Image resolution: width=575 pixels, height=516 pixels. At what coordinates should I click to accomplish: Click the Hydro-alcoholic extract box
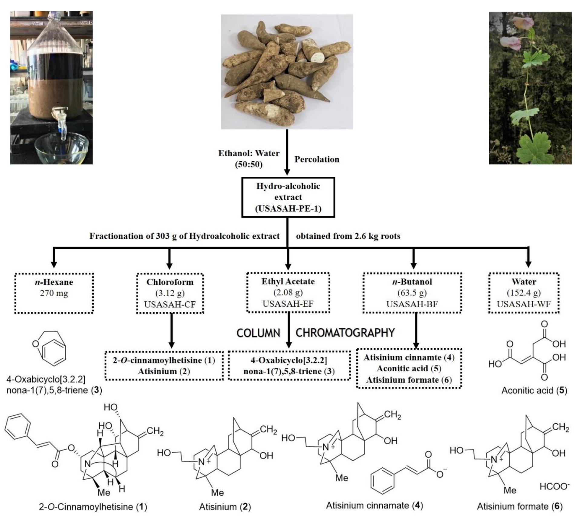(x=288, y=197)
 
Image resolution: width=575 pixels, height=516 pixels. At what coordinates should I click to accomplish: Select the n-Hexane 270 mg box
(x=54, y=293)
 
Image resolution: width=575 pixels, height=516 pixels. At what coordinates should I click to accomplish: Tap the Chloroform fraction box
(x=170, y=293)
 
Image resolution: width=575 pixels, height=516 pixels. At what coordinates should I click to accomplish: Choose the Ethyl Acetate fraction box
(x=288, y=292)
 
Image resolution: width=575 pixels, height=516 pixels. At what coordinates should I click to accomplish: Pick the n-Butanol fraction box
(x=412, y=293)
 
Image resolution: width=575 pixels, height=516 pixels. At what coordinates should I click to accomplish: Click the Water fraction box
(x=524, y=293)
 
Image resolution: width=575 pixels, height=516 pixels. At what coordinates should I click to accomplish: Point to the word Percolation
(x=317, y=159)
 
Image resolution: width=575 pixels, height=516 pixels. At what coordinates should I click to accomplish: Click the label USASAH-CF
(x=170, y=304)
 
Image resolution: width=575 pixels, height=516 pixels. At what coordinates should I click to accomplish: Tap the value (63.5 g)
(x=412, y=293)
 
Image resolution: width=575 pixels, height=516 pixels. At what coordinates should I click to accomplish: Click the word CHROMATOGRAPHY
(x=345, y=333)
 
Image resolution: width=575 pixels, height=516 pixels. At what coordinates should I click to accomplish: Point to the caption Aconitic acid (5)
(x=534, y=390)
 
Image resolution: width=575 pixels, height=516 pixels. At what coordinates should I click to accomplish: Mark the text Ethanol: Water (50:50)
(x=249, y=159)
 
